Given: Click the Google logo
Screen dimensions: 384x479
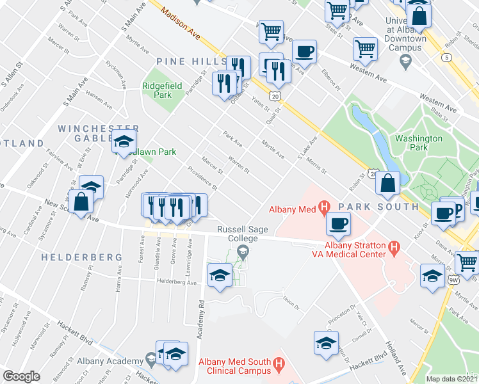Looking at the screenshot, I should (x=21, y=376).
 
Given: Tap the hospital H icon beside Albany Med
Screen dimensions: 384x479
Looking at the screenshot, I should (x=325, y=207).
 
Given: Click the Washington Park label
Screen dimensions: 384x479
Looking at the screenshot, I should (x=419, y=143).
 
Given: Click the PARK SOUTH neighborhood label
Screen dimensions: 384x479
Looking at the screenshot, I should (x=378, y=207).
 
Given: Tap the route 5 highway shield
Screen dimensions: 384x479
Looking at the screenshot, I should (x=446, y=58).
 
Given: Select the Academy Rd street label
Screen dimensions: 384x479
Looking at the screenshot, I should (x=201, y=319).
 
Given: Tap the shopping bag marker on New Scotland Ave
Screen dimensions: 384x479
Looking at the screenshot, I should (x=82, y=202).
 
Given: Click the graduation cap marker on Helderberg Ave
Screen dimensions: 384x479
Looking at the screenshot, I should (x=220, y=275).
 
